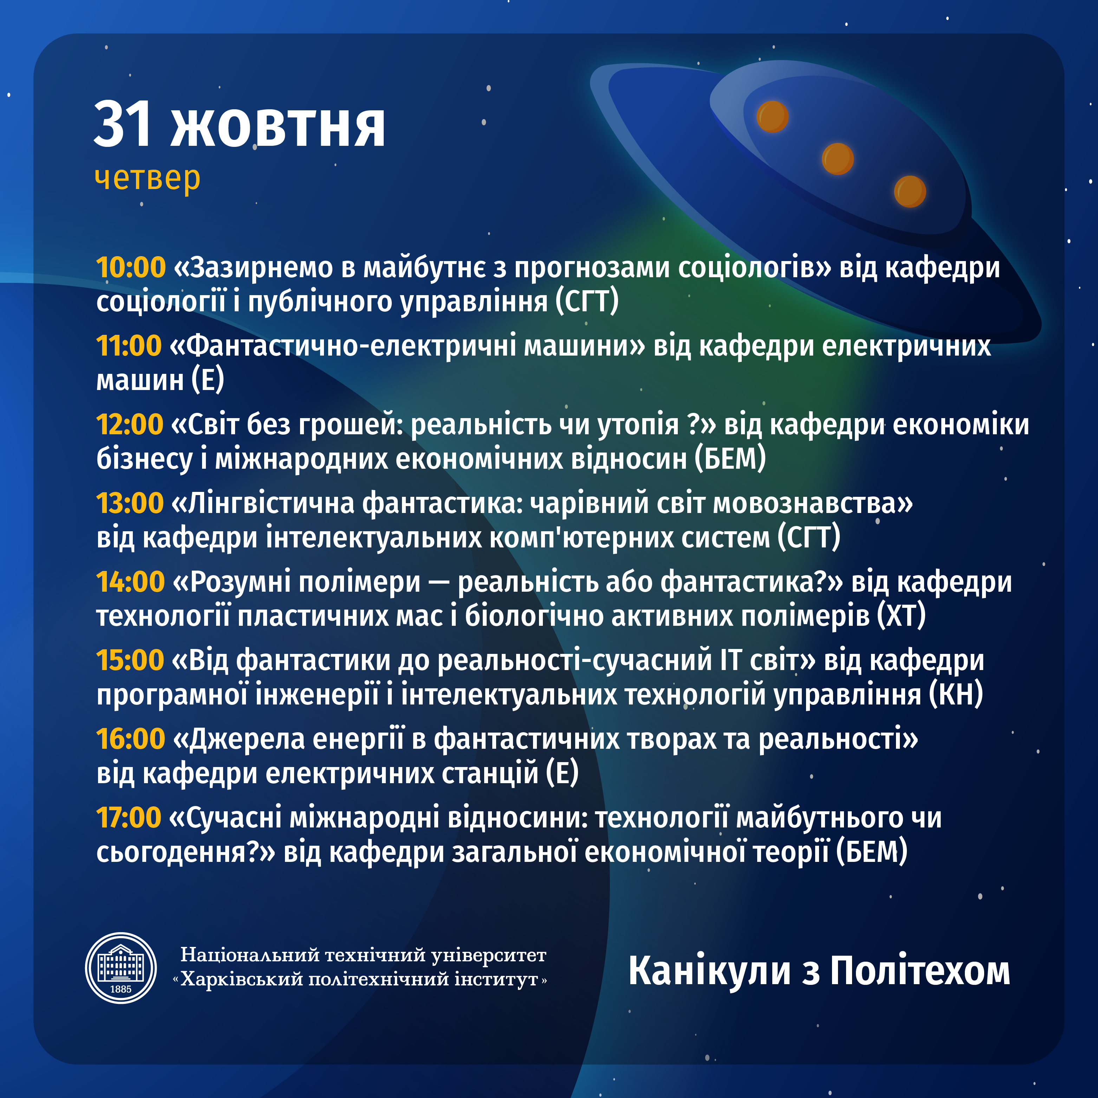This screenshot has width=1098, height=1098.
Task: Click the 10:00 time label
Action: [x=131, y=268]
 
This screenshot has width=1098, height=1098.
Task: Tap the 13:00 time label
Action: [x=130, y=503]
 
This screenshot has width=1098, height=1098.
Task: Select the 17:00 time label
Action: [x=129, y=818]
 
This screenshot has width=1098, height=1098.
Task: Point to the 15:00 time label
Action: [x=130, y=661]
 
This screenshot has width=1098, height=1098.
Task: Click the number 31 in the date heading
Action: [x=123, y=124]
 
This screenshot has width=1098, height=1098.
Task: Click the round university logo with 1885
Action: [x=121, y=968]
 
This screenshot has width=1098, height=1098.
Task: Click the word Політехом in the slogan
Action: [x=920, y=971]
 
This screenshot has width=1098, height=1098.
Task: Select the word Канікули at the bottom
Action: [x=709, y=971]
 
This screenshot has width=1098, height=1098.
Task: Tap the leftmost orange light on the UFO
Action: [x=772, y=117]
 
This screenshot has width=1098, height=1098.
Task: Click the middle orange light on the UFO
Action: [x=838, y=158]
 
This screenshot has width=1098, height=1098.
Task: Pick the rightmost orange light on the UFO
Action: [x=910, y=191]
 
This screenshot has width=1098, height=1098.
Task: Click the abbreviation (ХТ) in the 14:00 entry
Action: [x=901, y=616]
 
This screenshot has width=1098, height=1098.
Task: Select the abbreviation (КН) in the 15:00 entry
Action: [x=956, y=695]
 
